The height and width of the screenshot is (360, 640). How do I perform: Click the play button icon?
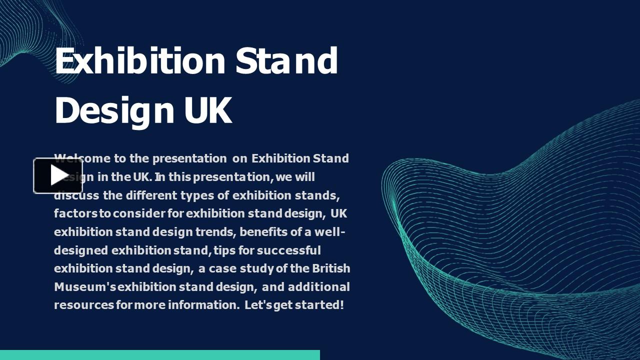(x=58, y=175)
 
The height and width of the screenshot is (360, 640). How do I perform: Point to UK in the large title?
(x=208, y=110)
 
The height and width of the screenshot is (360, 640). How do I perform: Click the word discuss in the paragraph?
(x=76, y=195)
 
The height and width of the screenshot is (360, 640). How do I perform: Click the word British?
(x=331, y=268)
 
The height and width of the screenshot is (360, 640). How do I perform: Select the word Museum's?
(x=85, y=287)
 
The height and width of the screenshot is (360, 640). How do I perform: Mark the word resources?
(x=84, y=305)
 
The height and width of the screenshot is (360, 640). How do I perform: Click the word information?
(x=203, y=305)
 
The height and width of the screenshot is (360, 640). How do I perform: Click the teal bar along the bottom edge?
(x=160, y=355)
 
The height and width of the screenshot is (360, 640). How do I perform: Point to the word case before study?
(x=222, y=268)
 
